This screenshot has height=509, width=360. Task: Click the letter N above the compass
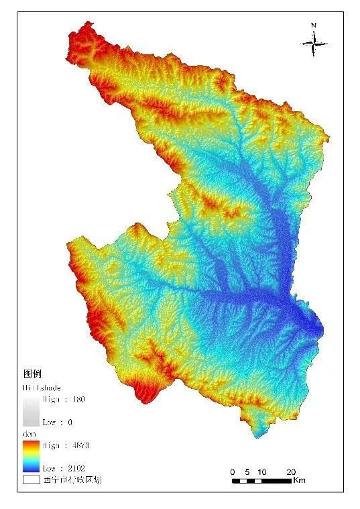coord(314,25)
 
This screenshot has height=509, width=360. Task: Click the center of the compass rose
coord(314,44)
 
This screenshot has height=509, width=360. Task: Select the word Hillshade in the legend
coord(40,388)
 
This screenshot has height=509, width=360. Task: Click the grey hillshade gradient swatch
coord(32,411)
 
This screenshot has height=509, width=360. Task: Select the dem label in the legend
coord(29,435)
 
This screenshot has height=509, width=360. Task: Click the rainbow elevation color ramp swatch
coord(32,456)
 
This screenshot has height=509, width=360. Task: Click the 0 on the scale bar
coord(233,471)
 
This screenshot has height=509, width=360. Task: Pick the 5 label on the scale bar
coord(247,471)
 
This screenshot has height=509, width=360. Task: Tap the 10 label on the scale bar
coord(262,471)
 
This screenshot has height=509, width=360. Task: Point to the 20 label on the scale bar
coord(291,471)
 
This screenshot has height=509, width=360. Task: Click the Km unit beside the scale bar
coord(300,480)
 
